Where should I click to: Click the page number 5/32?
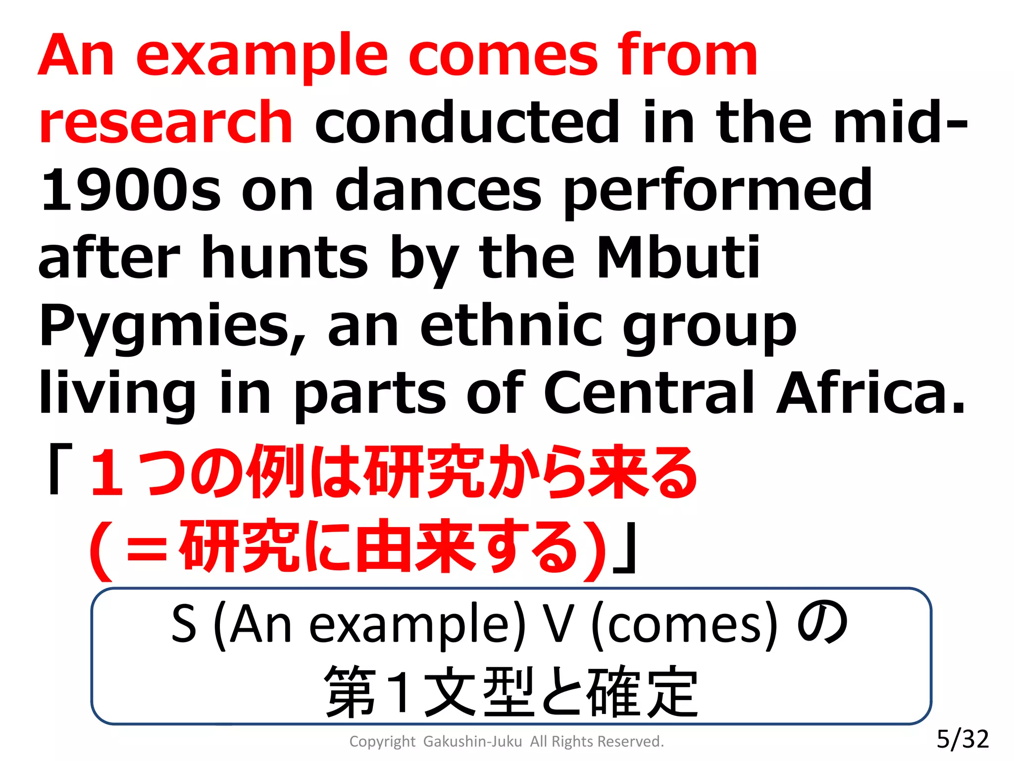pos(963,739)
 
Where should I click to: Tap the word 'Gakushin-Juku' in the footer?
pos(472,742)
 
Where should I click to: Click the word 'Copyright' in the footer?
pos(382,742)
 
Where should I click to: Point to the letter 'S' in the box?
pos(184,624)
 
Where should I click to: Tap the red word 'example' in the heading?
pos(262,55)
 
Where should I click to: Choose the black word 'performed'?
pos(718,191)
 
